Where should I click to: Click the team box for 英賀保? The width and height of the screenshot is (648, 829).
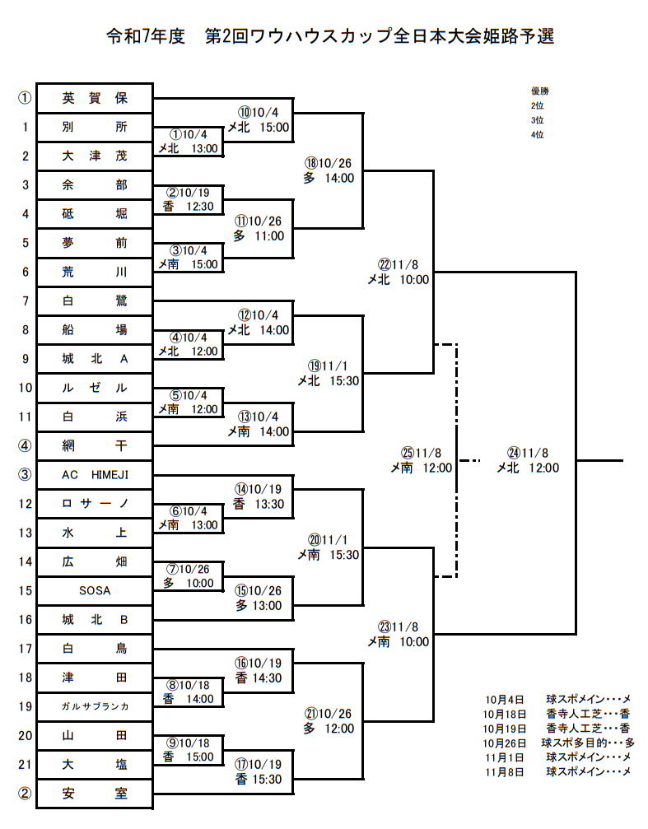(x=95, y=98)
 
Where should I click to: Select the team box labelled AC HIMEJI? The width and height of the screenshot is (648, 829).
(x=95, y=474)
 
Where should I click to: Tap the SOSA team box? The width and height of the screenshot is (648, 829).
(x=95, y=590)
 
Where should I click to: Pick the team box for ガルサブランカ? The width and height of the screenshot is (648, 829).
(x=95, y=706)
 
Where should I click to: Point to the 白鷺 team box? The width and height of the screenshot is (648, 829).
(x=95, y=300)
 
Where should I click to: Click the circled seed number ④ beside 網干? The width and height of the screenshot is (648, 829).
(x=25, y=445)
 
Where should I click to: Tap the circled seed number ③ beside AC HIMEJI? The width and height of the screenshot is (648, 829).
(x=25, y=474)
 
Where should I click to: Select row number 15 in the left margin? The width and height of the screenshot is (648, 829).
(x=25, y=590)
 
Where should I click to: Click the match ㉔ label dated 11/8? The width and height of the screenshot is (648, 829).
(x=528, y=460)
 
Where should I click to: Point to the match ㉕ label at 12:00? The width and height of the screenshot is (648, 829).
(x=422, y=460)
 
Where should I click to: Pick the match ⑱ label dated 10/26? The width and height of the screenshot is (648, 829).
(x=328, y=170)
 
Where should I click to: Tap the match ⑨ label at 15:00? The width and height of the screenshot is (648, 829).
(x=189, y=749)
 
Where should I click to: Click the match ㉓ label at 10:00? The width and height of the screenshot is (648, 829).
(x=399, y=634)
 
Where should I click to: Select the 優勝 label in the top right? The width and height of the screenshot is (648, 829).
(x=539, y=91)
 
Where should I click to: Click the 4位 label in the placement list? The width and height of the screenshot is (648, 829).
(x=537, y=134)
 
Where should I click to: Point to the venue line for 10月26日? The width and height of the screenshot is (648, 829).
(x=558, y=743)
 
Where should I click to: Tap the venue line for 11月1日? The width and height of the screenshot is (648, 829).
(x=558, y=757)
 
